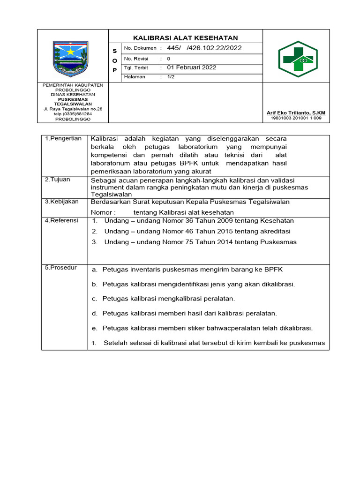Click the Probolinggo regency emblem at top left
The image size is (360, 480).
(x=70, y=58)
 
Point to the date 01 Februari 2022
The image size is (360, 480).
(x=192, y=67)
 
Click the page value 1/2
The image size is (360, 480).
(x=171, y=77)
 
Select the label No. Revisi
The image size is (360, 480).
(x=136, y=59)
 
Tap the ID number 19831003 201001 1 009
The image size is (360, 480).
(x=296, y=118)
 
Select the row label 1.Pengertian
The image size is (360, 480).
(x=63, y=139)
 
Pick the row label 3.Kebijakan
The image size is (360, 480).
(x=62, y=202)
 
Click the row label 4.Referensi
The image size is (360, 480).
(x=61, y=220)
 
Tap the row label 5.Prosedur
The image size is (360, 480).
(x=60, y=268)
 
